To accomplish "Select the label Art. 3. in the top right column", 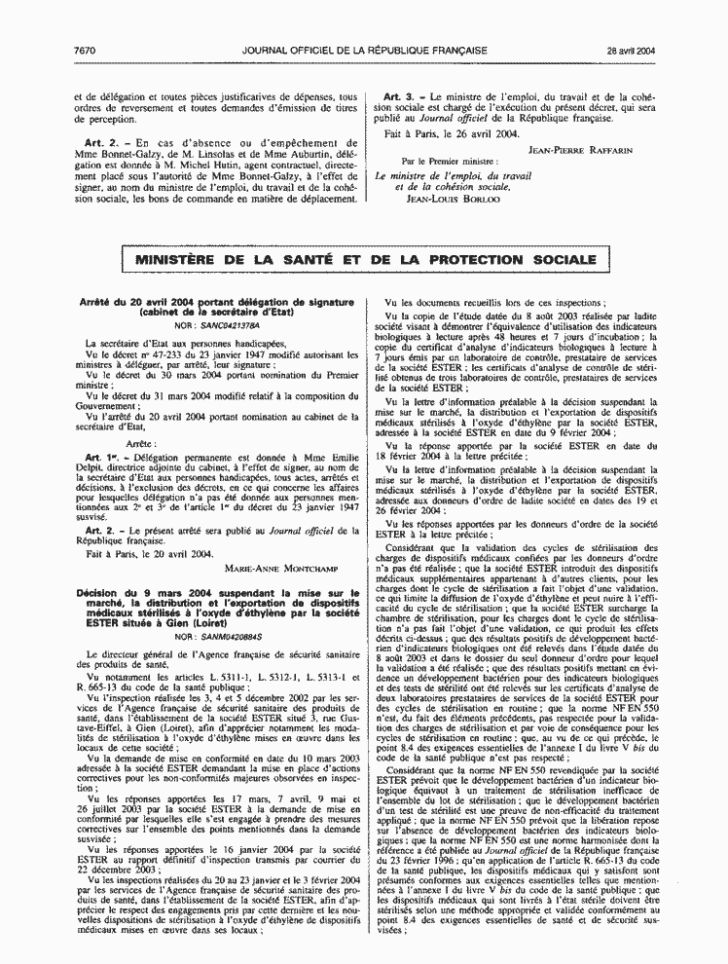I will tap(400, 97).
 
